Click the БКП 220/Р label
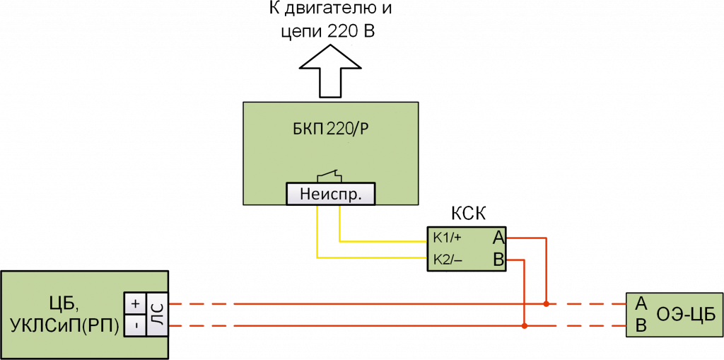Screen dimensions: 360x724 pyautogui.click(x=329, y=129)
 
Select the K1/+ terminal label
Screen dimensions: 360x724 pyautogui.click(x=448, y=237)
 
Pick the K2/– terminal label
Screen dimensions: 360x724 pyautogui.click(x=448, y=260)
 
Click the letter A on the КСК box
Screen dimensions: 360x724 pyautogui.click(x=498, y=237)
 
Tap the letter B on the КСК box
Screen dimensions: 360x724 pyautogui.click(x=498, y=260)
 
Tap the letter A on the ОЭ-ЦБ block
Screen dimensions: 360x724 pyautogui.click(x=641, y=303)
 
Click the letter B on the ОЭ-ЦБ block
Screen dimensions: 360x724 pyautogui.click(x=641, y=326)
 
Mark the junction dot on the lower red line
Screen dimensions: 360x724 pyautogui.click(x=524, y=327)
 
